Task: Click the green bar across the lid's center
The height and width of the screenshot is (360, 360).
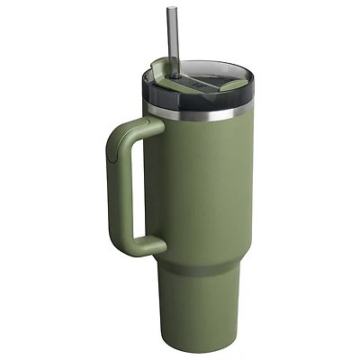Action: (200, 76)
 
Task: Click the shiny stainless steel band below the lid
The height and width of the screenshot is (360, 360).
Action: (198, 113)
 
